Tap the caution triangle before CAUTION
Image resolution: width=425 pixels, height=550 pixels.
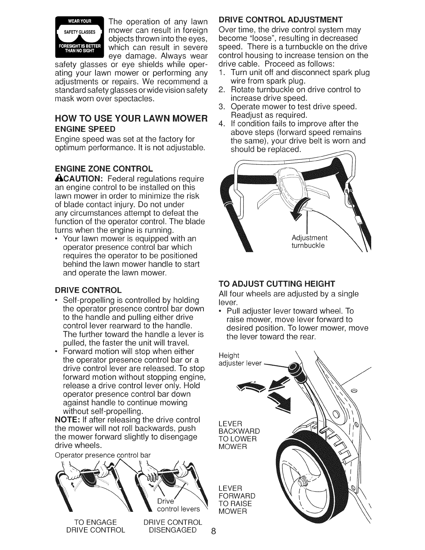(58, 179)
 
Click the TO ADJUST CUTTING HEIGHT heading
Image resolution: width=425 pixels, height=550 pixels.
(277, 284)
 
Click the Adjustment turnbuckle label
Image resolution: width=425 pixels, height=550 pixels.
(309, 242)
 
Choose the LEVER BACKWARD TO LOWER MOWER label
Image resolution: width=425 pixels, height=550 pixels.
(239, 435)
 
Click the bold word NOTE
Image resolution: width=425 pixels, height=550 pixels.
(66, 420)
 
